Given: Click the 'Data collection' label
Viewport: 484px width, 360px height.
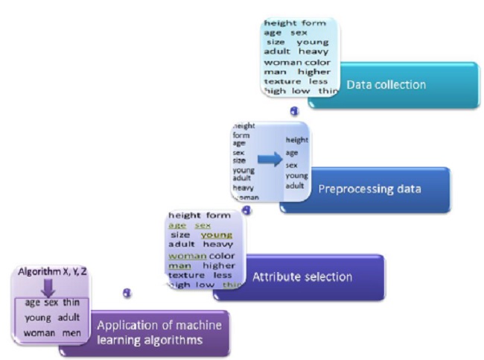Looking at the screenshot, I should point(386,85).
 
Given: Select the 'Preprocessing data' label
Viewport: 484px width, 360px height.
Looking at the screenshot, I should point(369,189).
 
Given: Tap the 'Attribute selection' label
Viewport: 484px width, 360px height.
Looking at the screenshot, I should point(302,277).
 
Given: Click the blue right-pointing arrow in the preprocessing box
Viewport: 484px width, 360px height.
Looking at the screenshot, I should point(270,159).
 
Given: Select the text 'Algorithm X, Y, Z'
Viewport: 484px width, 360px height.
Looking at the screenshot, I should point(52,274).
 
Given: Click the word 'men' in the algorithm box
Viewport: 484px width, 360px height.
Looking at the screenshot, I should point(71,332).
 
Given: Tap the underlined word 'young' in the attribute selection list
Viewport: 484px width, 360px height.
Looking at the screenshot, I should point(217,235).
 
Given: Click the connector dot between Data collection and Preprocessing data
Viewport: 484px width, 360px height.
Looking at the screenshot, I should point(295,111).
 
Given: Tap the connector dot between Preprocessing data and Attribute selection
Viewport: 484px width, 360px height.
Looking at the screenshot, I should point(246,211).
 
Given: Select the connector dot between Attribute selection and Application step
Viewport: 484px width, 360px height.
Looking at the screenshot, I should point(128,293).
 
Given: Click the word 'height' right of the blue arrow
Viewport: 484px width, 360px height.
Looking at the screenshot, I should point(296,139).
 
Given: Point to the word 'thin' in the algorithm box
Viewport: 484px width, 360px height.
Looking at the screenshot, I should point(71,303).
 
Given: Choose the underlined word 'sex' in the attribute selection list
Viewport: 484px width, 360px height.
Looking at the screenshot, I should point(203,225).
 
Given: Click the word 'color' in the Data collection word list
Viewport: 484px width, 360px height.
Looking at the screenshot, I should point(317,63).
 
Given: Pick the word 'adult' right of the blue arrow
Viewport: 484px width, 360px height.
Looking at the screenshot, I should point(295,186).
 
